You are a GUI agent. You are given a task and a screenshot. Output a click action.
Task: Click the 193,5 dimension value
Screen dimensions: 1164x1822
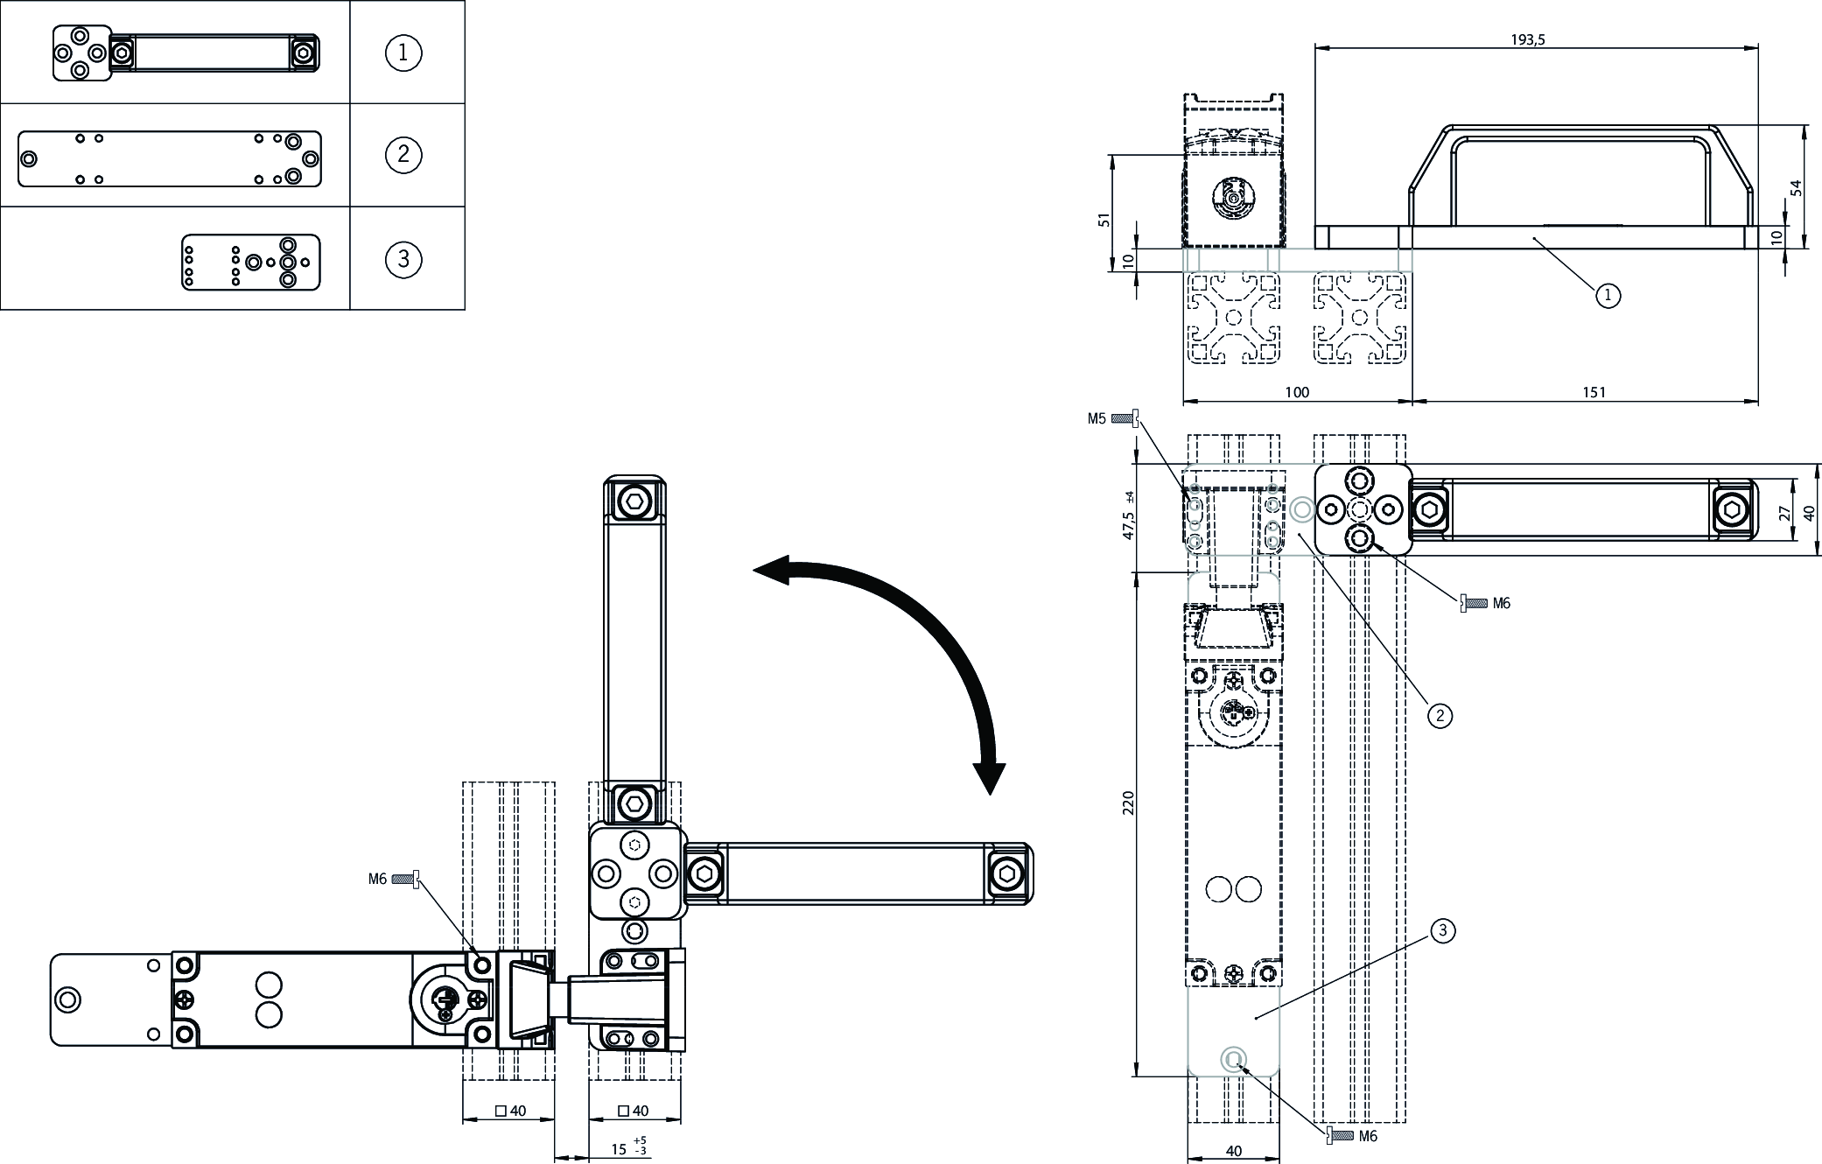tap(1527, 39)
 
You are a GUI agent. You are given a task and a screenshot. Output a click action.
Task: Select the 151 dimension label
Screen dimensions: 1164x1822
tap(1594, 392)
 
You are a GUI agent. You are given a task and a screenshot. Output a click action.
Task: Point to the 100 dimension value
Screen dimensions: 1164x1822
tap(1297, 392)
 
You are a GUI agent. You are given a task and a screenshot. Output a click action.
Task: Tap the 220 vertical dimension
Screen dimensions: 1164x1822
tap(1128, 803)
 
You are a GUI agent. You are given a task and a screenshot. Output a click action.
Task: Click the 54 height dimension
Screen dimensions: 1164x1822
tap(1797, 187)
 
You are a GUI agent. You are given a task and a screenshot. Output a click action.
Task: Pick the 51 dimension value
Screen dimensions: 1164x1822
tap(1104, 220)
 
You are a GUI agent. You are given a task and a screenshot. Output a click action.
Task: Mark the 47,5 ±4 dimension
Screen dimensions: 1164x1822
tap(1129, 515)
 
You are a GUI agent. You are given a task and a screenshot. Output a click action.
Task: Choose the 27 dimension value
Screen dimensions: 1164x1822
tap(1785, 513)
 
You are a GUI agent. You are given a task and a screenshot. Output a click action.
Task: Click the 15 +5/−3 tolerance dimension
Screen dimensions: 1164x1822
tap(627, 1147)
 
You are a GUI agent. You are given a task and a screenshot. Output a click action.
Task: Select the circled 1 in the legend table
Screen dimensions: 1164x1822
tap(403, 53)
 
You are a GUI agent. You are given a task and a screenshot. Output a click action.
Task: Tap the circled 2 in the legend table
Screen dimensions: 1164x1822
tap(403, 155)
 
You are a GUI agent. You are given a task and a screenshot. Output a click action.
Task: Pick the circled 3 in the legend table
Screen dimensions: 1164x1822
tap(403, 259)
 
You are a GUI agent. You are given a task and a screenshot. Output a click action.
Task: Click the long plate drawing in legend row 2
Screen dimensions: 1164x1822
tap(170, 158)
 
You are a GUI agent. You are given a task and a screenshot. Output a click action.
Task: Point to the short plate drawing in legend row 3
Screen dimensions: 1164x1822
tap(250, 262)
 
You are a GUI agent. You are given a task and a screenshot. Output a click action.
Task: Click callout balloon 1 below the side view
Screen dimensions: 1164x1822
tap(1608, 296)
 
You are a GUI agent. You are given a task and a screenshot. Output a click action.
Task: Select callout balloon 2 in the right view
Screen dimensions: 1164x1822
tap(1440, 715)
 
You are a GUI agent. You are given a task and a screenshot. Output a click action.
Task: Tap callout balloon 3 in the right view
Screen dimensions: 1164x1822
tap(1443, 931)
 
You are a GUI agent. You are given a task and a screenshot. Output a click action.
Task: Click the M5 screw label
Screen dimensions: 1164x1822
tap(1097, 418)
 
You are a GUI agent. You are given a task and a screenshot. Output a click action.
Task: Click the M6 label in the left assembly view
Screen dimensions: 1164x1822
tap(377, 879)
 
